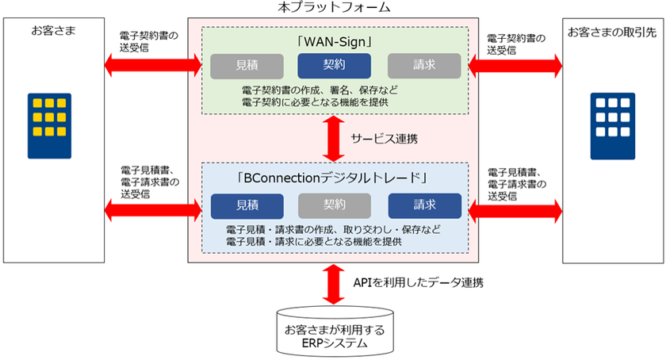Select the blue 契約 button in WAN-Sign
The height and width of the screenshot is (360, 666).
(x=332, y=67)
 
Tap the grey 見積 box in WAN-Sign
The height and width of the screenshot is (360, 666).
(x=247, y=67)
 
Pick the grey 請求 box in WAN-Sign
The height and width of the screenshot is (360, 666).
(x=424, y=67)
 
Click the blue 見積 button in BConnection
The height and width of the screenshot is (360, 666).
(x=247, y=205)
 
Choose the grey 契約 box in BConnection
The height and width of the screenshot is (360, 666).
(x=334, y=205)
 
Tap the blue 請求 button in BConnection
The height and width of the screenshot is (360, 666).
(x=424, y=205)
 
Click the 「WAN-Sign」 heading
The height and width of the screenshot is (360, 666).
(x=332, y=40)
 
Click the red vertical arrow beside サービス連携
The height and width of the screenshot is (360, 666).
(x=335, y=138)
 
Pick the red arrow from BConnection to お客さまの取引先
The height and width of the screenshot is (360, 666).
(x=515, y=209)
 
